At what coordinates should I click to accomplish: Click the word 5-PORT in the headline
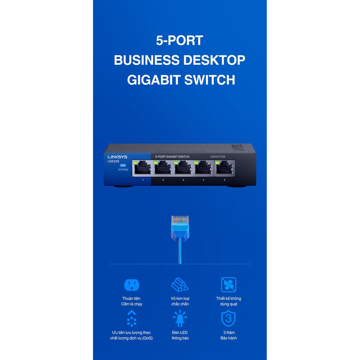pyautogui.click(x=180, y=40)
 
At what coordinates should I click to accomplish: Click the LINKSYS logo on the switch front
pyautogui.click(x=117, y=157)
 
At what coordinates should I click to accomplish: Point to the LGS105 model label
pyautogui.click(x=113, y=161)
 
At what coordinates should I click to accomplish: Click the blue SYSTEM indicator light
pyautogui.click(x=123, y=165)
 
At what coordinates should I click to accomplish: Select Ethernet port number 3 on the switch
pyautogui.click(x=183, y=168)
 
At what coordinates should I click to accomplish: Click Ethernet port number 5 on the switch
pyautogui.click(x=225, y=168)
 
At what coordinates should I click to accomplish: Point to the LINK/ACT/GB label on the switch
pyautogui.click(x=217, y=156)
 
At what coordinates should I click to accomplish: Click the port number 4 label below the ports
pyautogui.click(x=203, y=180)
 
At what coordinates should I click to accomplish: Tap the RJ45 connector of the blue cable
pyautogui.click(x=180, y=227)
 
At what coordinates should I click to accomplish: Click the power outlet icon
pyautogui.click(x=132, y=285)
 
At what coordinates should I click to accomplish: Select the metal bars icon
pyautogui.click(x=180, y=285)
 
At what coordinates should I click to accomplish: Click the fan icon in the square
pyautogui.click(x=229, y=285)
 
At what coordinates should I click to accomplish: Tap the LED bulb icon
pyautogui.click(x=180, y=319)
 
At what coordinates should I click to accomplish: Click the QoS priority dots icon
pyautogui.click(x=131, y=319)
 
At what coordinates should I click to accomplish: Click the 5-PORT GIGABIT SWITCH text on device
pyautogui.click(x=172, y=157)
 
